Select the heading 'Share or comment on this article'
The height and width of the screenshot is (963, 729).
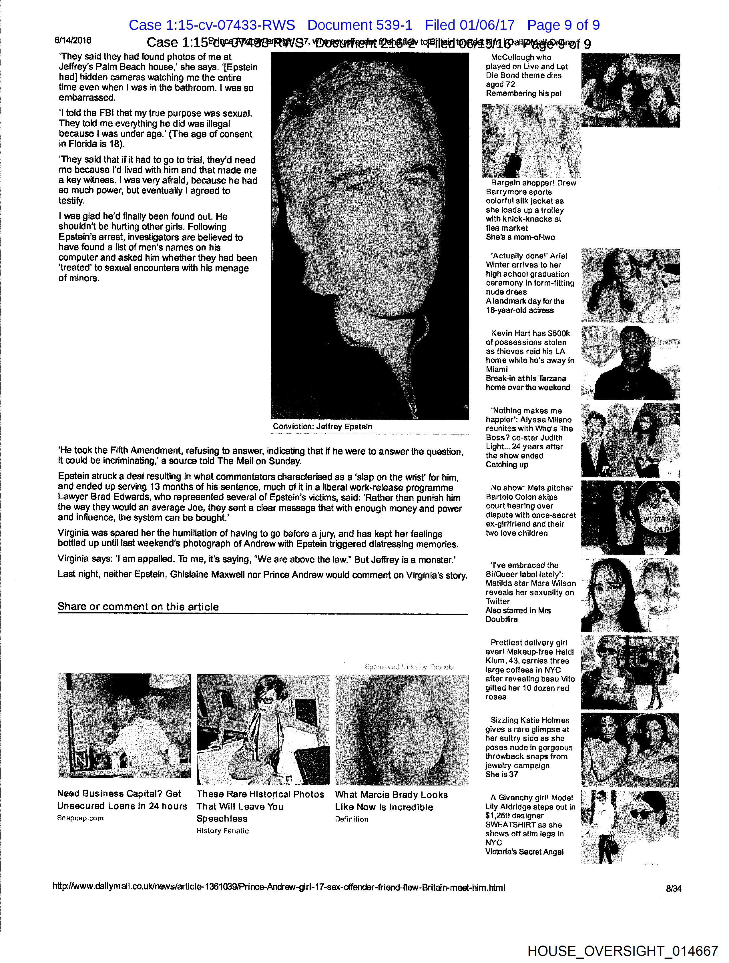click(x=138, y=607)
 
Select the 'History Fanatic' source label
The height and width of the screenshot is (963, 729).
click(x=222, y=831)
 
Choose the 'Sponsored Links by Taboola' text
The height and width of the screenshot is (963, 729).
click(x=409, y=667)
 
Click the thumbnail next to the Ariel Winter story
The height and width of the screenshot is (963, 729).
click(x=630, y=285)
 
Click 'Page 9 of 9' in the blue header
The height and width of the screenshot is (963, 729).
click(x=563, y=25)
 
